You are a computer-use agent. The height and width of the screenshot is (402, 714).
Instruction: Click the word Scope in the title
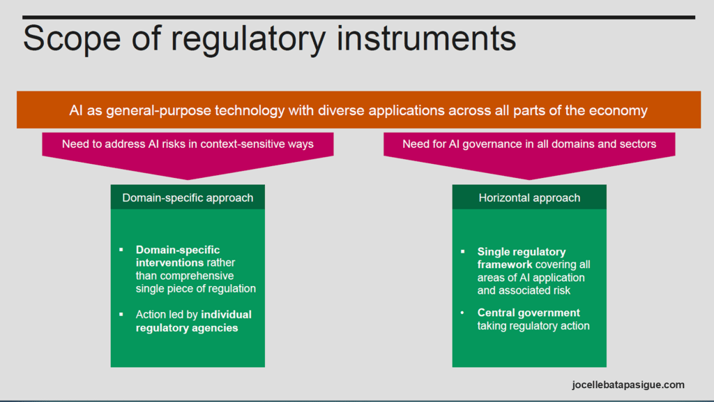72,38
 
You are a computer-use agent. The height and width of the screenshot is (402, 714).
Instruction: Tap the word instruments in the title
426,38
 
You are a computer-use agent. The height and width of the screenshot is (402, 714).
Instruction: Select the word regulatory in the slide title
248,40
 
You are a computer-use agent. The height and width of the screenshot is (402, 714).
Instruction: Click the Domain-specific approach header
188,198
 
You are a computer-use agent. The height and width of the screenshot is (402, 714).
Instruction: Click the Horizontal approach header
529,198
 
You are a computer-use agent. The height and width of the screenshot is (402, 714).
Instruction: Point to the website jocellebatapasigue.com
628,385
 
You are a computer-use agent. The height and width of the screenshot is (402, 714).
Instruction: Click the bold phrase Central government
529,313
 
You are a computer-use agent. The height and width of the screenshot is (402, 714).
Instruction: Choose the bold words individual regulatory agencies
194,321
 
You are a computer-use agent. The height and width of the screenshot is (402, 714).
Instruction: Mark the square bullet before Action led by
121,315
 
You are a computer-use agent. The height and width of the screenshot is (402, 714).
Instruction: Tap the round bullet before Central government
463,313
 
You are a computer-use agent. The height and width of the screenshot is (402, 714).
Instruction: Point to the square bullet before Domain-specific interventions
121,250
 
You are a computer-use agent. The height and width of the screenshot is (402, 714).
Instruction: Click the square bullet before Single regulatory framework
463,251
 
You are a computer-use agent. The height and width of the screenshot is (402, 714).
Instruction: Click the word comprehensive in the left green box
197,276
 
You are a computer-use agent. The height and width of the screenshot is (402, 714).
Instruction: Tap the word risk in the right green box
561,290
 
